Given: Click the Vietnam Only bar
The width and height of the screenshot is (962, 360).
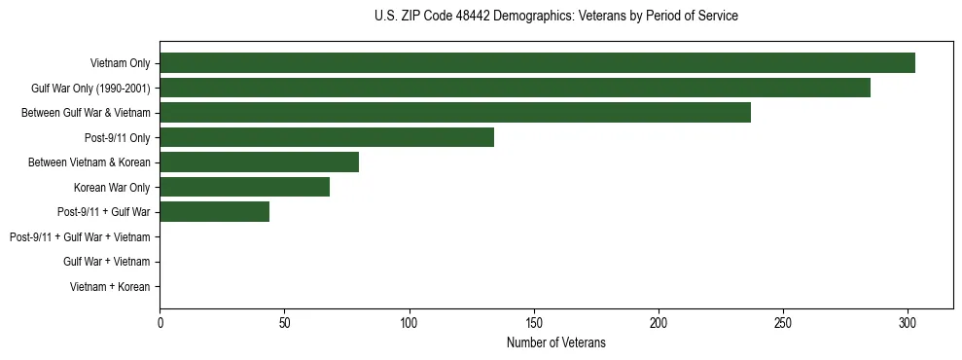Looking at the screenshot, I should pos(537,63).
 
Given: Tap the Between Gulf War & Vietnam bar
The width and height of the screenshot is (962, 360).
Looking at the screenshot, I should pos(455,113).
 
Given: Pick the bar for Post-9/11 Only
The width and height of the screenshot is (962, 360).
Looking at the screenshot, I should pos(327,137).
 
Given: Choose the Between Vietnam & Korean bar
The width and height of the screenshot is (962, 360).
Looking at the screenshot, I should pos(259,162).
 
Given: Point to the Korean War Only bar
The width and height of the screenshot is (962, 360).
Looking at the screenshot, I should pos(244,187).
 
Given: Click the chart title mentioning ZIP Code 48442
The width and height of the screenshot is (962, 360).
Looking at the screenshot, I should pos(555,17).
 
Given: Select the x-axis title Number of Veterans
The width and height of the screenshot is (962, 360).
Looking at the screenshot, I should pos(555,342).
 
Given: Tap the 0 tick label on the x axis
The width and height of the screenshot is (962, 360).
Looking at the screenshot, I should pos(160,321).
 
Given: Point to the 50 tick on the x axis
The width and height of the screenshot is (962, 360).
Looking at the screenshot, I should pos(284,321).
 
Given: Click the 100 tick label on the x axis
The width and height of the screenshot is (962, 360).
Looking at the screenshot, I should pos(409,321).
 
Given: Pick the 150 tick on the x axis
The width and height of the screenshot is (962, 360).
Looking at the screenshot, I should pos(534,321).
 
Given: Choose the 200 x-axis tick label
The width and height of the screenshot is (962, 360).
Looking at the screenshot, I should pos(659,321).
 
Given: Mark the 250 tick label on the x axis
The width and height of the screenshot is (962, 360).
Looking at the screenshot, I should pos(783,321).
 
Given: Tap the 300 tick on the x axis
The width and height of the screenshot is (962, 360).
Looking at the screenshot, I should pos(908,321).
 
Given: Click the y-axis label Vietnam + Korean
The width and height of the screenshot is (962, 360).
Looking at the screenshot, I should pos(110,287).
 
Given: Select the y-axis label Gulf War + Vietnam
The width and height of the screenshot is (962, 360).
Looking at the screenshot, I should pos(106,262).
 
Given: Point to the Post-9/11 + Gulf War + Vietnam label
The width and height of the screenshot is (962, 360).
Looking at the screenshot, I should pos(80,237).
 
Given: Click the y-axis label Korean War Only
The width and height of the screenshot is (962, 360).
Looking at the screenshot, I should pos(112,187).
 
